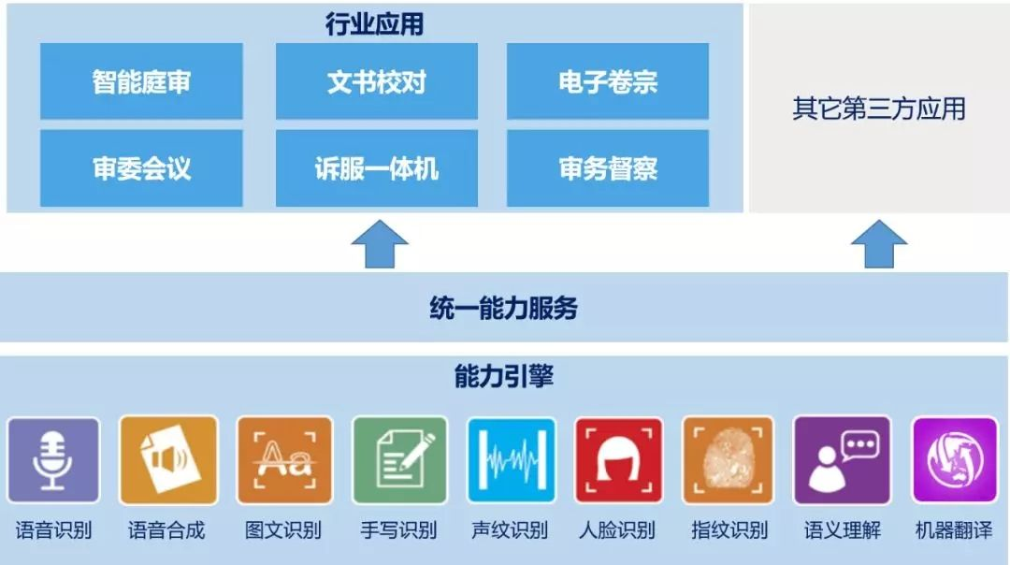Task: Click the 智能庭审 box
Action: [141, 81]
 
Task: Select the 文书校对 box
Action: [377, 81]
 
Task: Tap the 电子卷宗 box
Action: [608, 81]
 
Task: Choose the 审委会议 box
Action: [141, 168]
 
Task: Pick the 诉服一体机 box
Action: [377, 168]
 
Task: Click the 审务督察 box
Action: [608, 168]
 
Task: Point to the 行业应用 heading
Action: [374, 23]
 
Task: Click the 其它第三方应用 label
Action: [878, 109]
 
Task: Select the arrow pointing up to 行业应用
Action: [380, 244]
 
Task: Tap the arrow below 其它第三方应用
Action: [878, 244]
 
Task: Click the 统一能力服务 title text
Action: [504, 308]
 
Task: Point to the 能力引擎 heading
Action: [504, 376]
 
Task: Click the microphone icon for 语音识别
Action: [53, 460]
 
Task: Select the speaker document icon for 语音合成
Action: [168, 460]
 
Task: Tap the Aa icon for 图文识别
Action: [284, 460]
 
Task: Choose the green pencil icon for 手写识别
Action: [399, 460]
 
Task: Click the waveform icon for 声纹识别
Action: [512, 460]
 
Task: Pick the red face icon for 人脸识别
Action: [618, 460]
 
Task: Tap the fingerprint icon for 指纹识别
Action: [728, 460]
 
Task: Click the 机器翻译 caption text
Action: [954, 530]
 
